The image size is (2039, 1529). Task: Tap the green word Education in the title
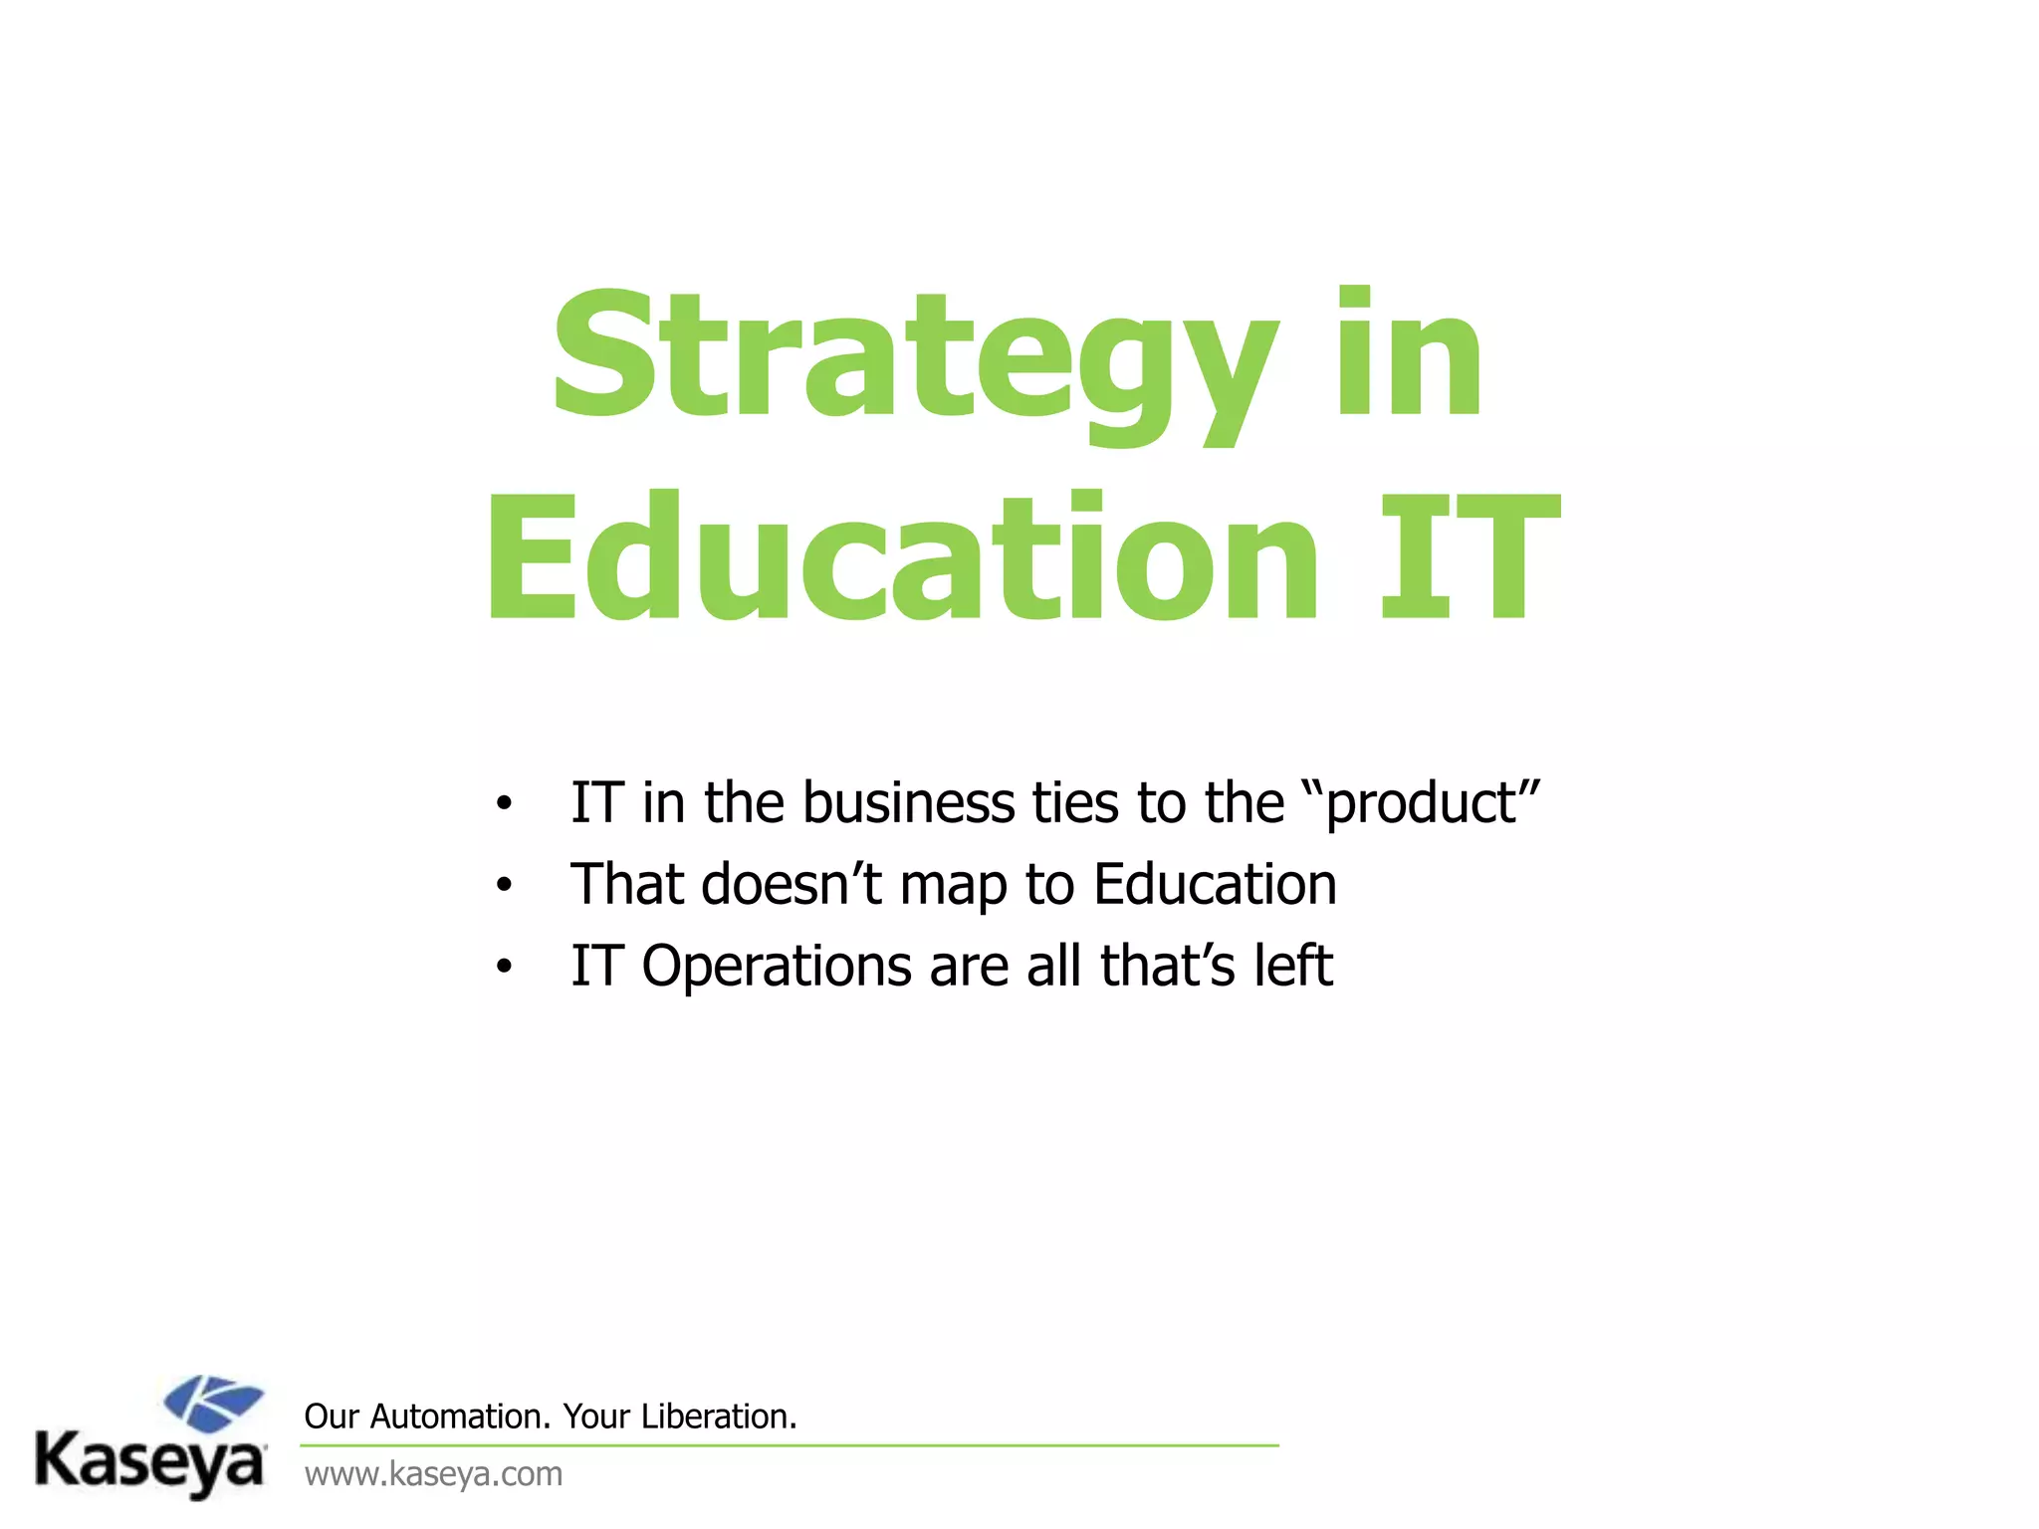pos(902,557)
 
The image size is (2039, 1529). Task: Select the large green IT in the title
pos(1469,557)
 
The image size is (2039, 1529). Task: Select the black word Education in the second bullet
pos(1215,884)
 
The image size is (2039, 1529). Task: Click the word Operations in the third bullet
pos(776,967)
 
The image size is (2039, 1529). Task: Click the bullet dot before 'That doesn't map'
pos(505,885)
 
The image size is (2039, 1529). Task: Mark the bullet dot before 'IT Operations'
pos(505,967)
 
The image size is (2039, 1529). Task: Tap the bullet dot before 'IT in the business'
pos(505,803)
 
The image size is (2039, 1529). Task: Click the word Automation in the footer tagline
pos(459,1416)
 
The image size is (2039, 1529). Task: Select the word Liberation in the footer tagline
pos(718,1416)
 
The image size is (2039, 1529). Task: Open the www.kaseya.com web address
pos(433,1473)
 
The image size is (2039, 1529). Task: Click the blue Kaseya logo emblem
pos(214,1403)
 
